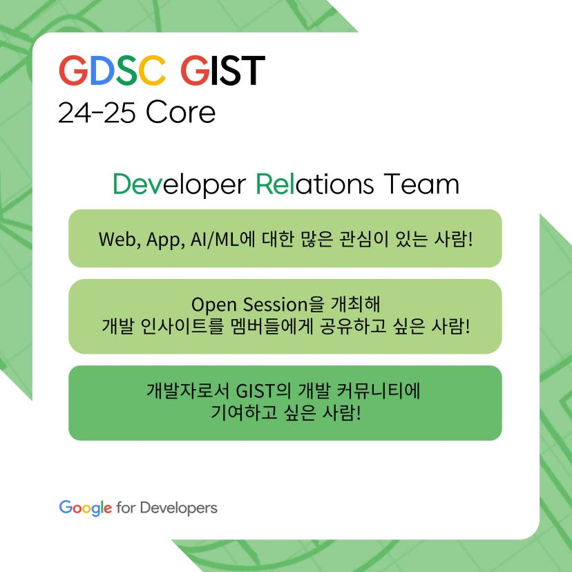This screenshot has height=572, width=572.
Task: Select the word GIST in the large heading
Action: coord(222,70)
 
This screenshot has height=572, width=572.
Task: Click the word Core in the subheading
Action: coord(180,113)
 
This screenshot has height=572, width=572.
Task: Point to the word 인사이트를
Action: coord(191,326)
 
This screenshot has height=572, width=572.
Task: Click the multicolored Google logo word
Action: coord(85,508)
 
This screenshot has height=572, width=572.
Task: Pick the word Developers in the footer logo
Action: coord(178,508)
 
